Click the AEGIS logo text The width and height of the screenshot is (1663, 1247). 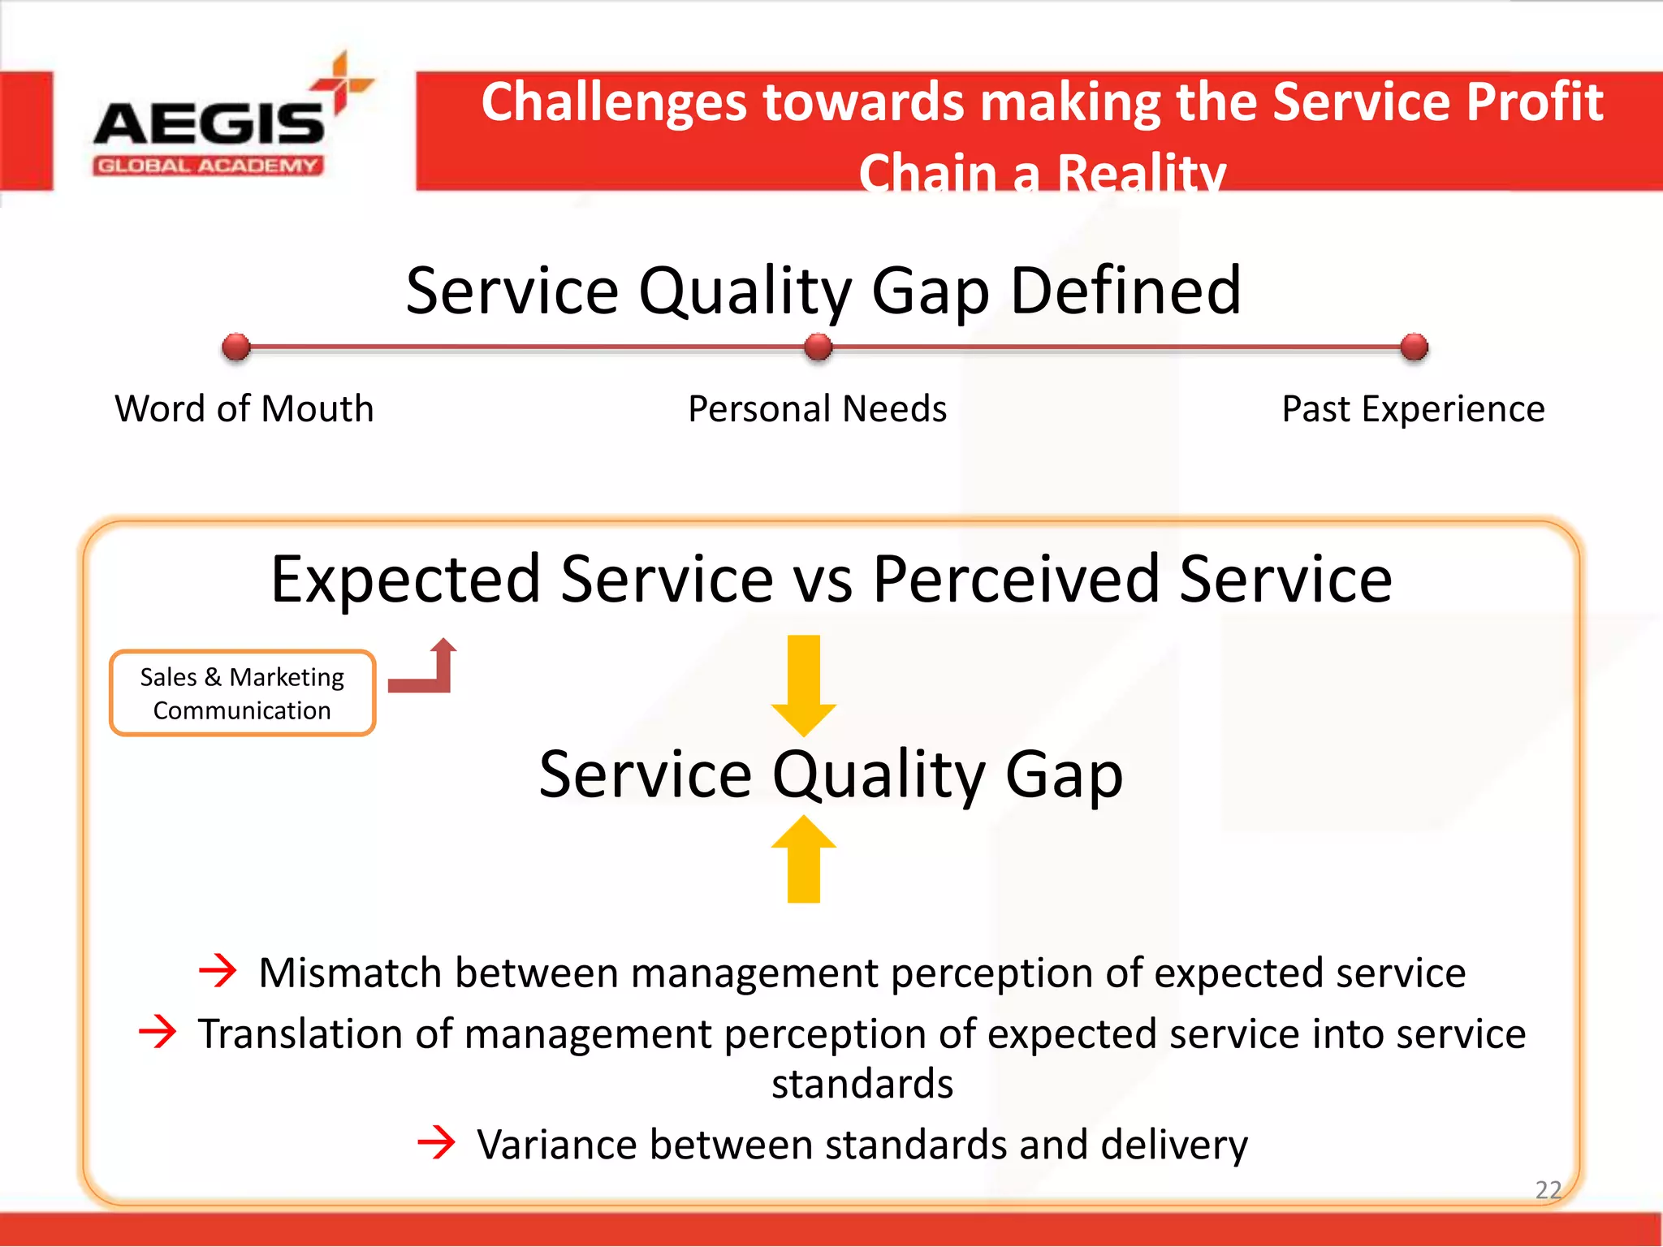pyautogui.click(x=209, y=123)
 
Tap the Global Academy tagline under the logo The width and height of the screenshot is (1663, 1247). pyautogui.click(x=209, y=166)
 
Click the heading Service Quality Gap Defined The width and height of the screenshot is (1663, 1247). pyautogui.click(x=823, y=291)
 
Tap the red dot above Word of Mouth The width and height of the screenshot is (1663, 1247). pyautogui.click(x=236, y=347)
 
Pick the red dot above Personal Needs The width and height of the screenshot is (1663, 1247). pyautogui.click(x=818, y=347)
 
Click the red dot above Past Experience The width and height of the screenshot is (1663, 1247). pyautogui.click(x=1414, y=347)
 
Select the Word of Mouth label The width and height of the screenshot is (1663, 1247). pyautogui.click(x=244, y=408)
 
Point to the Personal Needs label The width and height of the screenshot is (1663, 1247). pyautogui.click(x=817, y=408)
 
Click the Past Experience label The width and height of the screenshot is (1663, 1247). pyautogui.click(x=1413, y=408)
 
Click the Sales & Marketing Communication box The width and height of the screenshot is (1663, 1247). pyautogui.click(x=242, y=693)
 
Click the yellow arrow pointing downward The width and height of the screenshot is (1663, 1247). pyautogui.click(x=803, y=684)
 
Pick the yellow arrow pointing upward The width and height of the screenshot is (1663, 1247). pyautogui.click(x=803, y=859)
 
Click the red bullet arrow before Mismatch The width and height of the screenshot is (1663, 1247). pyautogui.click(x=218, y=970)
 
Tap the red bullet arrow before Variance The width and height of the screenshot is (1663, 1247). pyautogui.click(x=437, y=1142)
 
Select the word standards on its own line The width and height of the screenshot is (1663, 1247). pyautogui.click(x=862, y=1084)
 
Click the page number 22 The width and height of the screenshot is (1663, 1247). pyautogui.click(x=1548, y=1189)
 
